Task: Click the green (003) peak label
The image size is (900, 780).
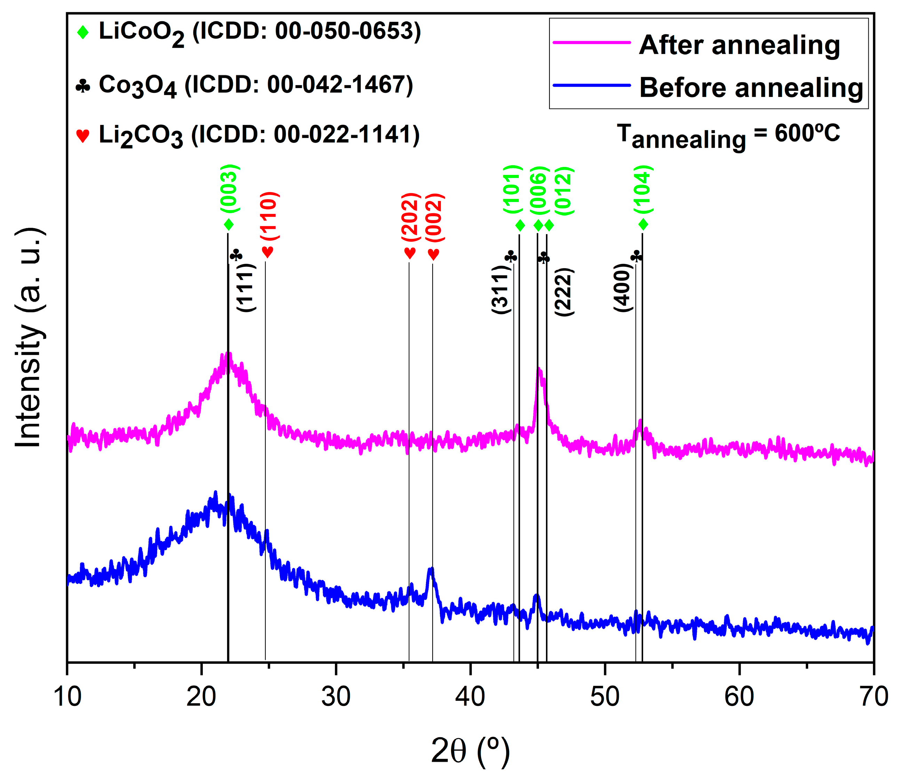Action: click(230, 189)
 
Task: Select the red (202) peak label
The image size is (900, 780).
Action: click(410, 217)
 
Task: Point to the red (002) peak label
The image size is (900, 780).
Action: click(434, 218)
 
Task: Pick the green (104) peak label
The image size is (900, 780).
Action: click(643, 190)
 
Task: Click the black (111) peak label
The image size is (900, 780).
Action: click(246, 288)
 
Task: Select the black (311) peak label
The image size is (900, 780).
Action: click(500, 289)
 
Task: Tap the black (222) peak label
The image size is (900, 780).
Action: click(564, 292)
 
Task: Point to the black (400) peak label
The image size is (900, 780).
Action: click(623, 287)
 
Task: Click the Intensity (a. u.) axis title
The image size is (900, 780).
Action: click(30, 338)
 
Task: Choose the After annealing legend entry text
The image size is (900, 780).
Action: click(739, 45)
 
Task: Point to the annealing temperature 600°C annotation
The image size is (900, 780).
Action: click(728, 135)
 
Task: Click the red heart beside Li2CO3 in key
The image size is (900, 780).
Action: click(83, 135)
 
